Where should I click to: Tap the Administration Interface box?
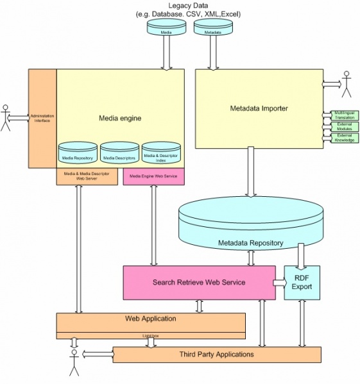pos(42,119)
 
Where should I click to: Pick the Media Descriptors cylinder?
pos(119,153)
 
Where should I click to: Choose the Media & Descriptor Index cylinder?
pos(160,153)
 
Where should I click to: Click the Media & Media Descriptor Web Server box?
pos(89,177)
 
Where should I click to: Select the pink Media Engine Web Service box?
pos(153,177)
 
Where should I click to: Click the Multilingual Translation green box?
pos(344,115)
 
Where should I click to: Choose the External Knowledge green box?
pos(344,137)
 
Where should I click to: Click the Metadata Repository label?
pos(250,244)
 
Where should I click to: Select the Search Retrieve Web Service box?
pos(198,283)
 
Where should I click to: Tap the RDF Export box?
pos(302,283)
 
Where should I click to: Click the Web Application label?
pos(150,319)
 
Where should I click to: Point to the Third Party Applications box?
pos(216,354)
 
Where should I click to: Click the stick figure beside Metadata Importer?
pos(347,85)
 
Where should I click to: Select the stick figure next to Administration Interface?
pos(7,118)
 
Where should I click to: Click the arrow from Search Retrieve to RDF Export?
pos(279,283)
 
